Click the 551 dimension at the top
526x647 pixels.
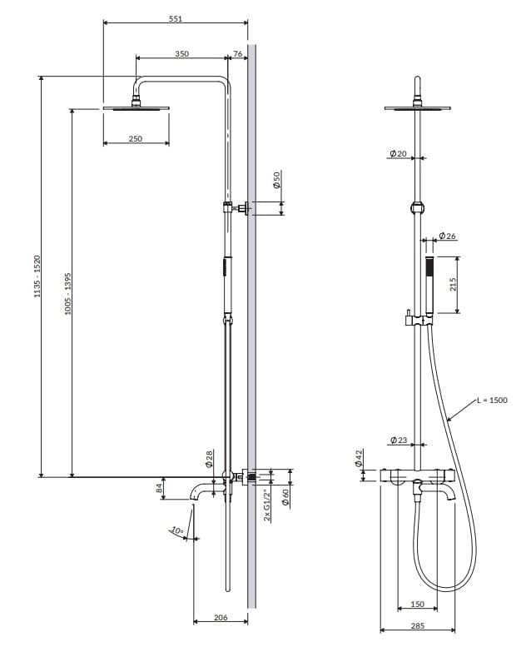[x=176, y=17]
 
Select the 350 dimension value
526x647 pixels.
[x=181, y=54]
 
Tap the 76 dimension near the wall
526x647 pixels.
[x=238, y=54]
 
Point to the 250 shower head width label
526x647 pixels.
[x=136, y=138]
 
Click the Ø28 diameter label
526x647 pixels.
[x=210, y=459]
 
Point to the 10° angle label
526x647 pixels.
[x=176, y=530]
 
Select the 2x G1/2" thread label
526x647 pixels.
[x=267, y=505]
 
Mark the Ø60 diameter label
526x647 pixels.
[x=285, y=498]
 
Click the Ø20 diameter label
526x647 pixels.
[x=398, y=154]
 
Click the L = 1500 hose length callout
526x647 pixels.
[x=491, y=401]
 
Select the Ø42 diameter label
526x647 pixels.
[x=360, y=459]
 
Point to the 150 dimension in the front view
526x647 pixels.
[x=417, y=605]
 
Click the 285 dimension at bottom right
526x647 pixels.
[x=417, y=625]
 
